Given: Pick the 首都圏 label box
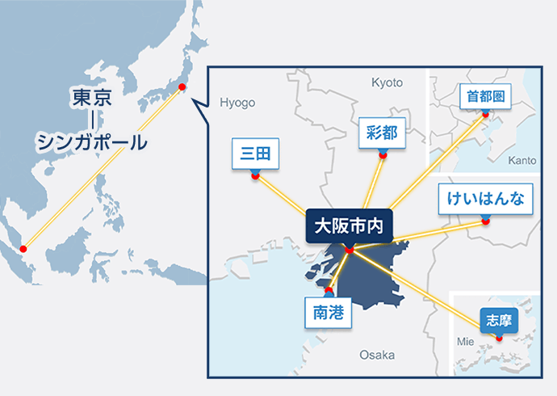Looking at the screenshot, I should click(x=485, y=96).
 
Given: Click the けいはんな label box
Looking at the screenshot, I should click(x=485, y=200).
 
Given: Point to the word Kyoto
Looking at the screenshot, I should click(x=386, y=82).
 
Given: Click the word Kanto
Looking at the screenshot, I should click(x=522, y=161).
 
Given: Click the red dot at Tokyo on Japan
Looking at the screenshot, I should click(x=182, y=86).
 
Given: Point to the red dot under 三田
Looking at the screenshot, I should click(x=255, y=175).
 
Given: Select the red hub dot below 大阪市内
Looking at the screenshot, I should click(x=349, y=251).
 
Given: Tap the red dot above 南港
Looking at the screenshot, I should click(x=329, y=289).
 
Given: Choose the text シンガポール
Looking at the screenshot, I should click(x=91, y=142).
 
